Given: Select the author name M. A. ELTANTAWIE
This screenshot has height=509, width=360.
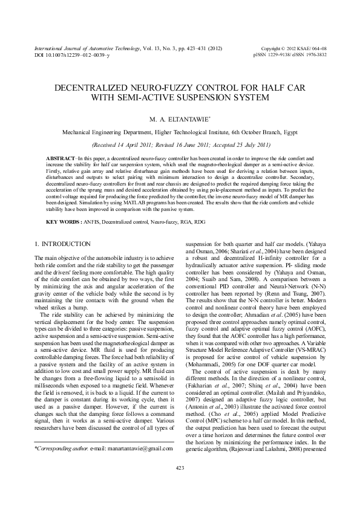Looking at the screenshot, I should pos(179,118).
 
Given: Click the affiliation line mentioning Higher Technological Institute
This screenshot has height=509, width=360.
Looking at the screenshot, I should pos(180,131).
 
